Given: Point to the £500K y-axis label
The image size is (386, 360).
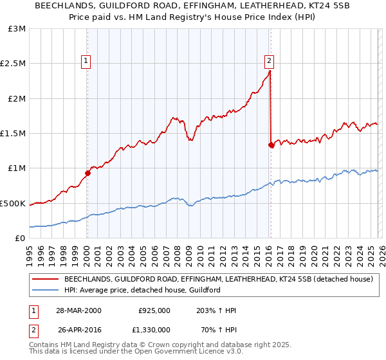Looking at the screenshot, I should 13,203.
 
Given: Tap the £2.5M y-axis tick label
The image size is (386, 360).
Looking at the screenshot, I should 13,64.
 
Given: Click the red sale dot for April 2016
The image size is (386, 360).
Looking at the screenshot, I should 271,145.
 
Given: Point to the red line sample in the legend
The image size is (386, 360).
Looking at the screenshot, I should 45,280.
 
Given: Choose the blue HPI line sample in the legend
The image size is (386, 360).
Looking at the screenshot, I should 45,291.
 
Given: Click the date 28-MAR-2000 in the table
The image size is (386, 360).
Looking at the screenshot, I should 78,310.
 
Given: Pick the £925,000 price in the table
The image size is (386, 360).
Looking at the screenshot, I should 154,310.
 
